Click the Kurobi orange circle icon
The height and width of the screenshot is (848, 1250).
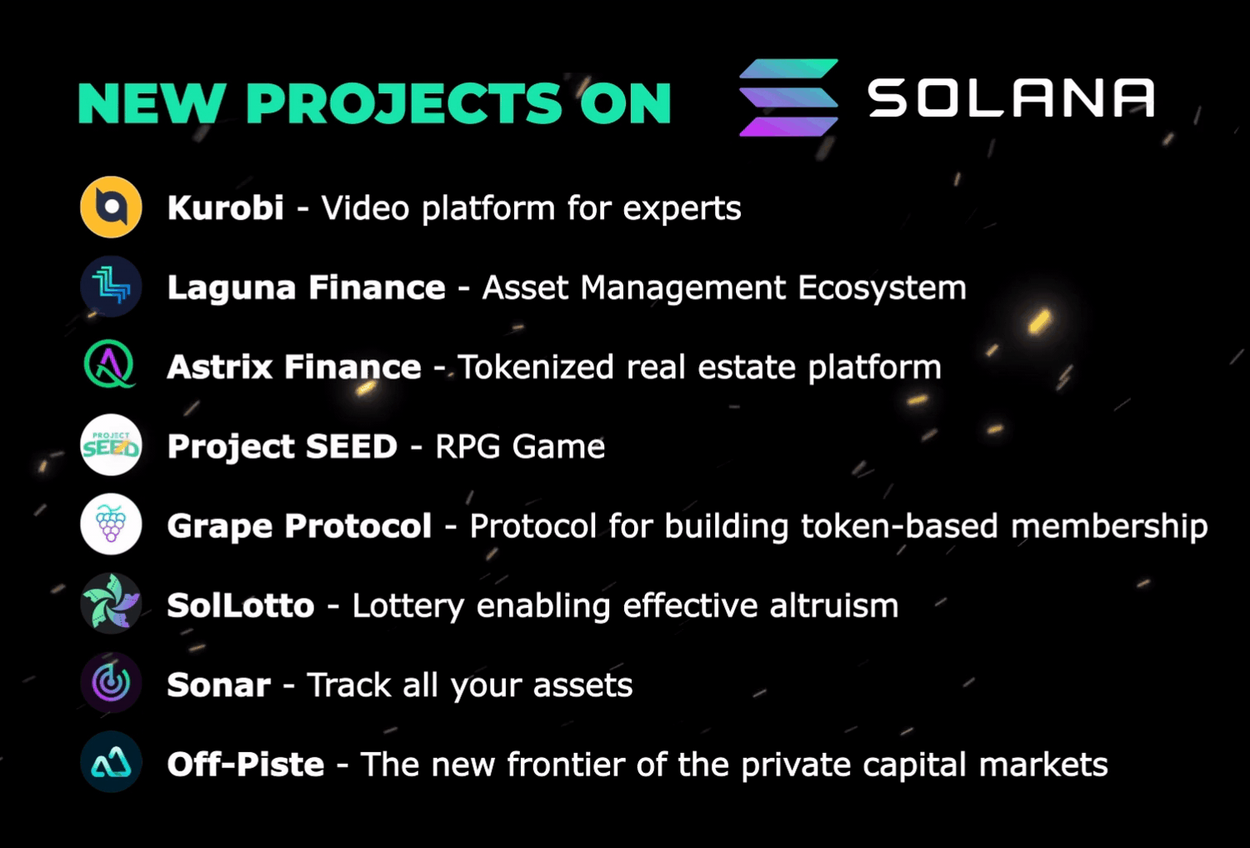tap(111, 207)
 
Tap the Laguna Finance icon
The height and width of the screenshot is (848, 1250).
tap(111, 287)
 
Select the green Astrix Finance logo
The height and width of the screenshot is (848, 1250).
tap(110, 365)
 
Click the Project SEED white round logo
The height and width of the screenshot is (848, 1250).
tap(111, 446)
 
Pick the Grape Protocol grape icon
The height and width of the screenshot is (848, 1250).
tap(111, 525)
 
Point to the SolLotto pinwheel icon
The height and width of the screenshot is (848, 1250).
tap(111, 603)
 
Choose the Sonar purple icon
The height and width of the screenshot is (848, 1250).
tap(111, 683)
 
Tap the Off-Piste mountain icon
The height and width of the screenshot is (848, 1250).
tap(111, 762)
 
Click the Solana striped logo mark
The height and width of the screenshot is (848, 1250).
tap(788, 97)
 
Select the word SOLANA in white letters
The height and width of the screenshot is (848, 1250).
tap(1011, 98)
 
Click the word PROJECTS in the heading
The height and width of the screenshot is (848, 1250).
tap(404, 104)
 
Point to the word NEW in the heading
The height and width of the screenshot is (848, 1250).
tap(151, 104)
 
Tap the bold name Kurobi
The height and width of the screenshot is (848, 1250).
tap(225, 207)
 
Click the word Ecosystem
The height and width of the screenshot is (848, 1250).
tap(882, 288)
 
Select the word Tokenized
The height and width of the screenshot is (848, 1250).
tap(536, 367)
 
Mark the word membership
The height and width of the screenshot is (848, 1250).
tap(1109, 526)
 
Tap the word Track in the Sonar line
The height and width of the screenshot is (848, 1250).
tap(349, 686)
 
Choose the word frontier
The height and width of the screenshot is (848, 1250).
tap(565, 765)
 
